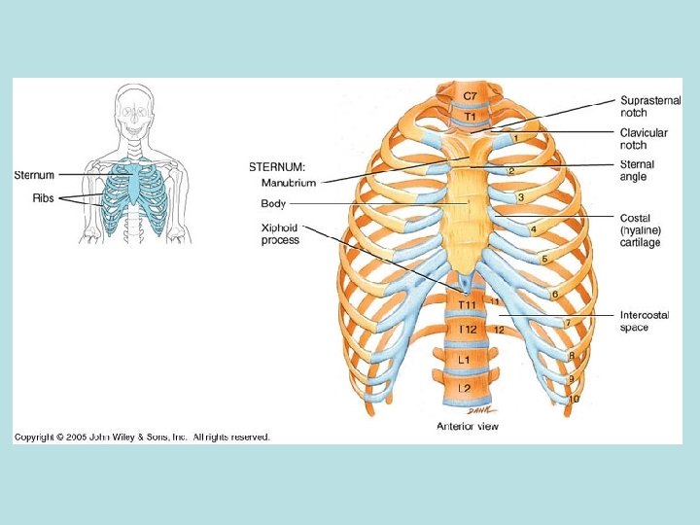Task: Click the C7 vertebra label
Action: [470, 95]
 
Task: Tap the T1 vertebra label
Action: [470, 117]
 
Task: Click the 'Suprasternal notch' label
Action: [644, 106]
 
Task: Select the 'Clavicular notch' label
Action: [644, 138]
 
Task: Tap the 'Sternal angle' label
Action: [638, 170]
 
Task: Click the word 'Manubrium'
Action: [288, 182]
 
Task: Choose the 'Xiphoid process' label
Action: [280, 233]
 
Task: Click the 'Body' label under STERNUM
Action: [272, 203]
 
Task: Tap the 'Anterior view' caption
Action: [468, 425]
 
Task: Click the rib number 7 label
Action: [567, 322]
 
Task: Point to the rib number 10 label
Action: [575, 399]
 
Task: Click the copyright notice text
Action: [142, 437]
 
